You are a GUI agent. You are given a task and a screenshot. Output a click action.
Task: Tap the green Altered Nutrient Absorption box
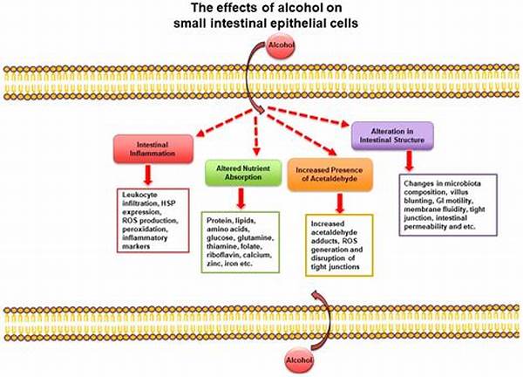pyautogui.click(x=241, y=171)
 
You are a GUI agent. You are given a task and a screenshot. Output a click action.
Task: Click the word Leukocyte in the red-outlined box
pyautogui.click(x=139, y=194)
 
